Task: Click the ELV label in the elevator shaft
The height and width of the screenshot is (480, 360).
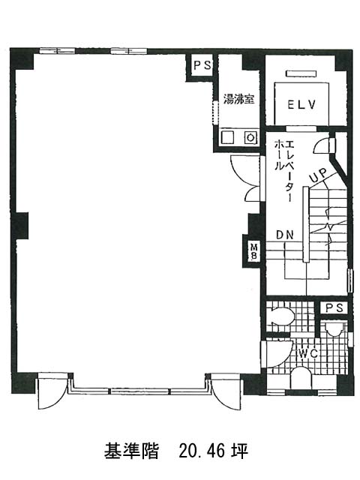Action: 301,105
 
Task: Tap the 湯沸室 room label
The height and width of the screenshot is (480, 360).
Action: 238,99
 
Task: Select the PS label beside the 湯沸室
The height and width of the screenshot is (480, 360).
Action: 202,65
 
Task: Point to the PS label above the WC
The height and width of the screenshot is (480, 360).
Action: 334,307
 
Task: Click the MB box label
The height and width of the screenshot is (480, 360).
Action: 254,251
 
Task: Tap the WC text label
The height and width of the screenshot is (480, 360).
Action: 308,354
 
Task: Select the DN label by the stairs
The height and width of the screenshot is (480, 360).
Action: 285,235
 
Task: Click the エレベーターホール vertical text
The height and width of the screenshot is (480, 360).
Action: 284,170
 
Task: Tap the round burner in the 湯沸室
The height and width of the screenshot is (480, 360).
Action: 250,137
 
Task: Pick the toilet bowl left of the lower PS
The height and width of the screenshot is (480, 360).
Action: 280,316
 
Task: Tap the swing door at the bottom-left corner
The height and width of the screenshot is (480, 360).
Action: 51,394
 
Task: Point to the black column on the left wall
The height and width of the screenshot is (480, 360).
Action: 20,226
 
